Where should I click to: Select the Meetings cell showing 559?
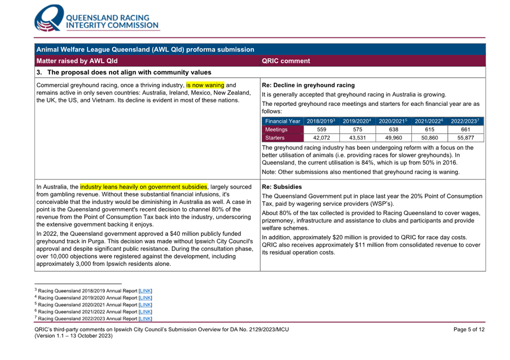click(x=321, y=130)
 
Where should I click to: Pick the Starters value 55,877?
click(x=465, y=138)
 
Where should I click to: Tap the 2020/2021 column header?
click(x=393, y=121)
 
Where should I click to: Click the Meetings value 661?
click(x=465, y=130)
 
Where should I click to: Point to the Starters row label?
click(x=275, y=138)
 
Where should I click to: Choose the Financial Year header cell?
click(x=283, y=121)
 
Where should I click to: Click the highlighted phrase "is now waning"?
click(x=205, y=85)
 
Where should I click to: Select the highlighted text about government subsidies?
click(x=144, y=187)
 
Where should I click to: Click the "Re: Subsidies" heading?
click(x=282, y=187)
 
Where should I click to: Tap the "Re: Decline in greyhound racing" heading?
click(x=308, y=85)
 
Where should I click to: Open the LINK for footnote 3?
click(x=145, y=291)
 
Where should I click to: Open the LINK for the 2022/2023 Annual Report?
click(x=145, y=319)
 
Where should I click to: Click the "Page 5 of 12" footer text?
click(x=469, y=330)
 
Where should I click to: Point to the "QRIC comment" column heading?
click(x=286, y=61)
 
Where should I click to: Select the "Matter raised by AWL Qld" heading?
click(x=77, y=61)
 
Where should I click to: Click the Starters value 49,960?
click(x=393, y=138)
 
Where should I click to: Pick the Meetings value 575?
click(x=357, y=130)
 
